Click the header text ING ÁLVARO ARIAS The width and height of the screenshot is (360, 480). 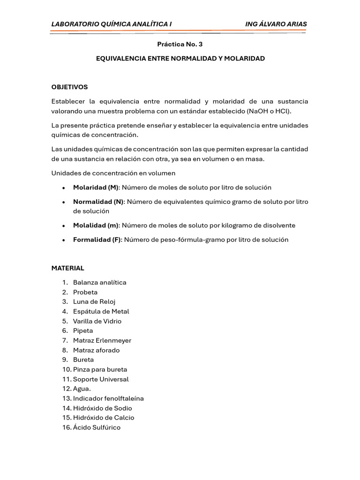pos(276,24)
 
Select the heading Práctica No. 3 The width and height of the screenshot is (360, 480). pos(180,44)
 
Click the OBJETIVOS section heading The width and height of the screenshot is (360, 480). pos(69,87)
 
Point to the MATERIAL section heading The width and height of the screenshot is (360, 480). pos(67,268)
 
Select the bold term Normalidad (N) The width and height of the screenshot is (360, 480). pos(98,202)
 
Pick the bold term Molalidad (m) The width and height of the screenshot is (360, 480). pos(96,225)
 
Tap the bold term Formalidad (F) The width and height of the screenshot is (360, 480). pos(97,240)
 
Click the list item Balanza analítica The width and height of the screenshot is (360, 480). pos(99,283)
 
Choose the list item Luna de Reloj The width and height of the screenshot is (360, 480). pos(94,302)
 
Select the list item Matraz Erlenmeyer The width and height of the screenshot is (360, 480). pos(102,340)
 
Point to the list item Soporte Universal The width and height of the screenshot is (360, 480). pos(100,379)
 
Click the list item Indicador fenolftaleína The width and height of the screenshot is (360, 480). pos(108,398)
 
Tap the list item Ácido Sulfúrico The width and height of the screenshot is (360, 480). pos(97,427)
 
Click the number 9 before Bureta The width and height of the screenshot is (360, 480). pos(64,360)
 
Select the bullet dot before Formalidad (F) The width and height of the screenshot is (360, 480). pos(63,240)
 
